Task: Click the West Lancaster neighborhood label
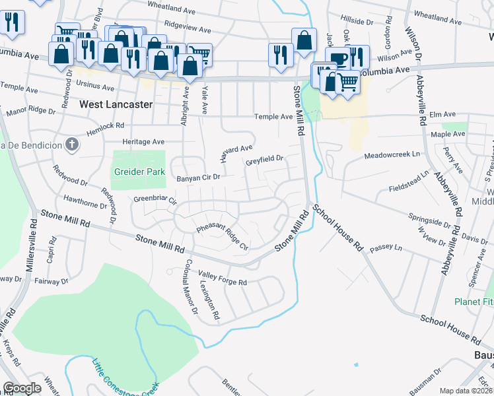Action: (x=116, y=104)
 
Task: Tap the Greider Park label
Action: (x=139, y=171)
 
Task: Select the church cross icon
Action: (x=73, y=144)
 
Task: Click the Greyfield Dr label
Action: (x=264, y=159)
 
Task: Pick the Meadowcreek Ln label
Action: (x=392, y=155)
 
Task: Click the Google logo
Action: (x=22, y=388)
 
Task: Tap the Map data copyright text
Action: (x=466, y=391)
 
